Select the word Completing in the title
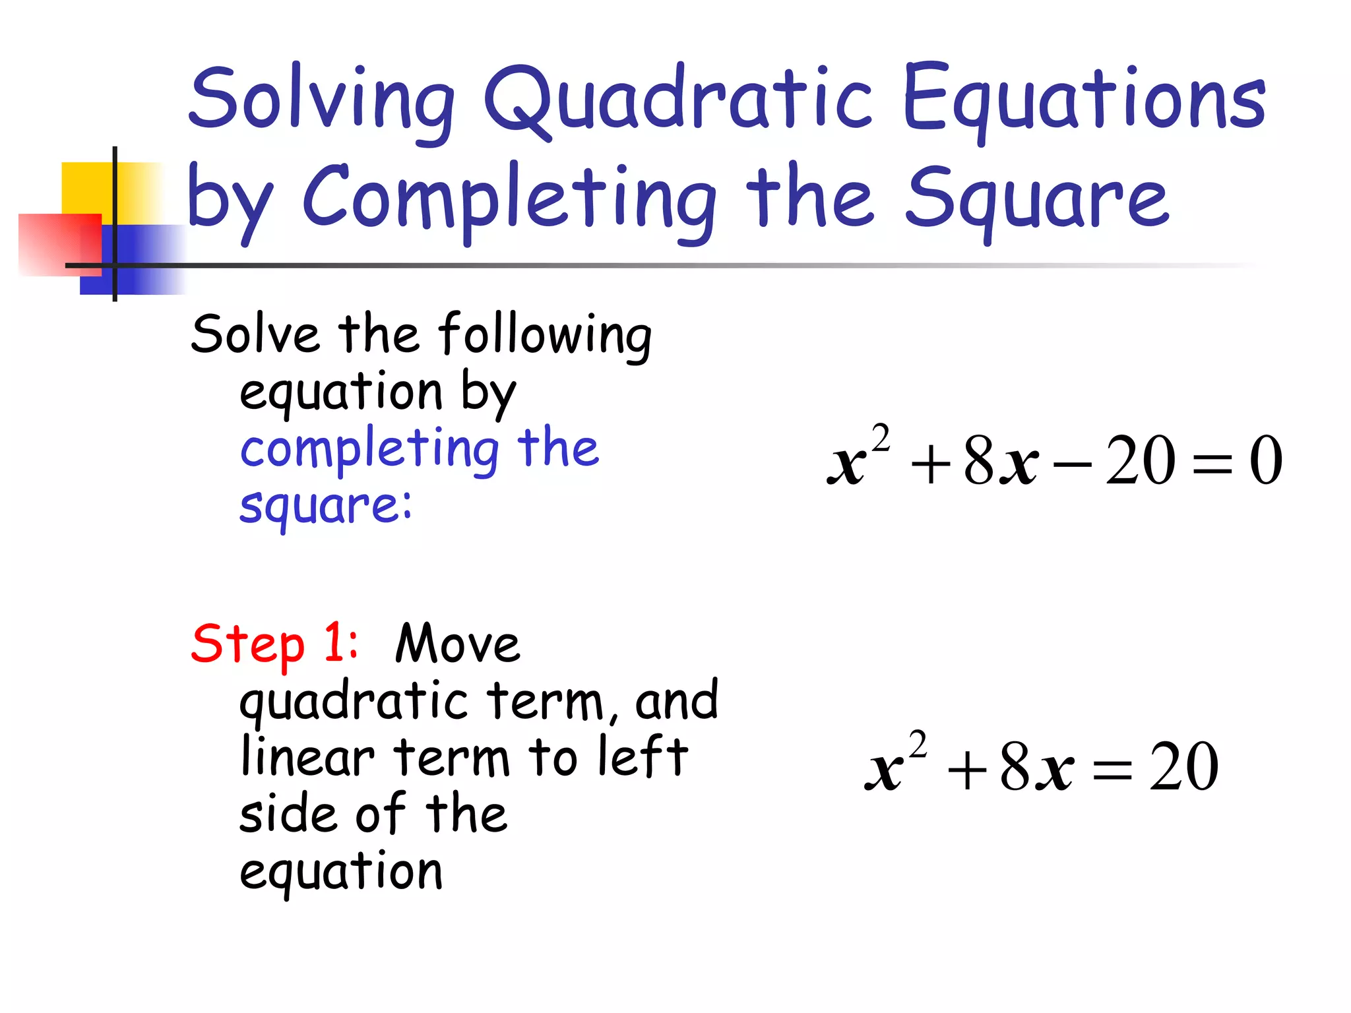[509, 198]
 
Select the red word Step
[247, 644]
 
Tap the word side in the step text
[287, 814]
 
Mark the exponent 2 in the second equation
[918, 746]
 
